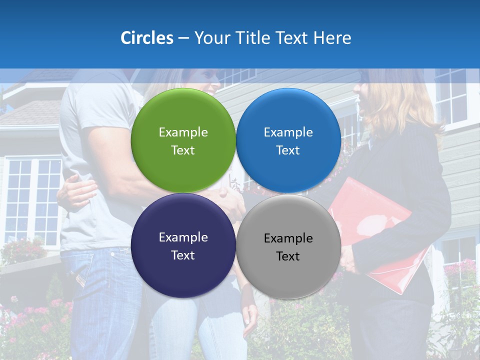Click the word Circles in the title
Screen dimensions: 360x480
coord(147,38)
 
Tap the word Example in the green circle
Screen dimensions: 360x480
coord(183,132)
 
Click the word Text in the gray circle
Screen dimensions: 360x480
coord(288,256)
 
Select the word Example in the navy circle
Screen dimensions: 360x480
coord(183,237)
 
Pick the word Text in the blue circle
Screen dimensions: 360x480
coord(288,150)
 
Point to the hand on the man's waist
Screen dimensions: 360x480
coord(77,192)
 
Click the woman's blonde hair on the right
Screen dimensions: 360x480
coord(400,100)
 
